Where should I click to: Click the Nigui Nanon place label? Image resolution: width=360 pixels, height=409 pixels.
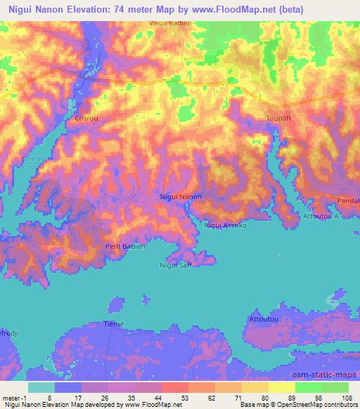[181, 197]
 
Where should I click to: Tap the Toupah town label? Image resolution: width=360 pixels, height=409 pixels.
[278, 119]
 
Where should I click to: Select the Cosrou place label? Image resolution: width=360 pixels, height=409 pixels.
[86, 119]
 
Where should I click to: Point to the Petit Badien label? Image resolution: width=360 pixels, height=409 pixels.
[125, 247]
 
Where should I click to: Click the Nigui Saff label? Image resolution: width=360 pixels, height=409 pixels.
[176, 265]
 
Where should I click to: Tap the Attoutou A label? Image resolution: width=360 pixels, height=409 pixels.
[321, 216]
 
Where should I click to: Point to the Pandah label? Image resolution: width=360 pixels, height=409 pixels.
[349, 200]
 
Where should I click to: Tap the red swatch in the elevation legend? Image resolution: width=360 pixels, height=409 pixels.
[175, 387]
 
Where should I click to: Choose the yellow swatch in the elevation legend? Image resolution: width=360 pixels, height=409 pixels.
[281, 387]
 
